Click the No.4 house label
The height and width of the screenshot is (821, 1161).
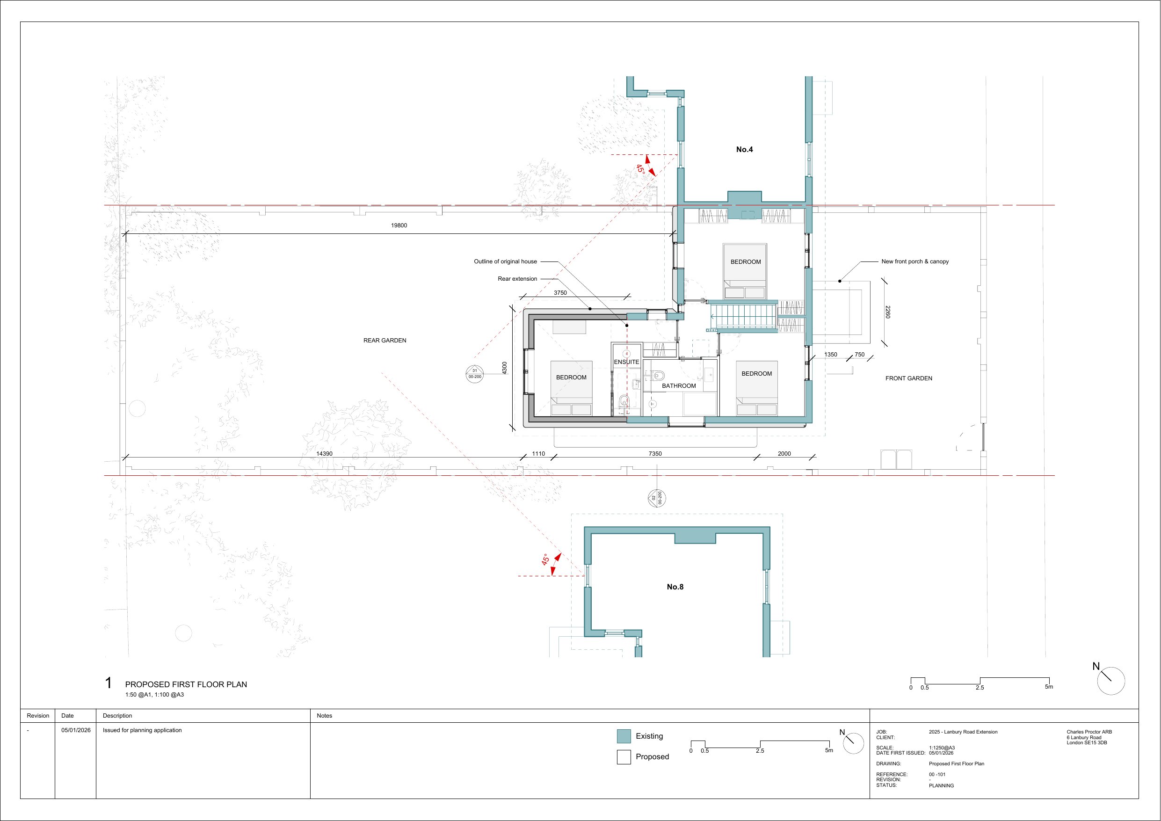click(744, 149)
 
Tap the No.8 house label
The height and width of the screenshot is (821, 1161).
click(675, 587)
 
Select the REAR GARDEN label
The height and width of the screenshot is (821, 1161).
click(385, 341)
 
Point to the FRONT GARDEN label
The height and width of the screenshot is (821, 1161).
click(909, 378)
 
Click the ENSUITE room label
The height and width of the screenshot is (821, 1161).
click(626, 362)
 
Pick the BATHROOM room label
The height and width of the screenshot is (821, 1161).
click(679, 386)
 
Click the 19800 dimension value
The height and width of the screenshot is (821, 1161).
click(399, 225)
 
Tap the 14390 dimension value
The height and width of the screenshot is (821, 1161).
click(325, 454)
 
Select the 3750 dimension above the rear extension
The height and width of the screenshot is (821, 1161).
click(560, 293)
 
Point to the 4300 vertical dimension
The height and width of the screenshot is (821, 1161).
click(504, 368)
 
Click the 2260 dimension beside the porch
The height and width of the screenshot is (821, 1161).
click(888, 312)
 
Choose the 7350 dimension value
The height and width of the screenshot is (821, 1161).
click(655, 454)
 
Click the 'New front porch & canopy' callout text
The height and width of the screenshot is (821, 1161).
click(915, 262)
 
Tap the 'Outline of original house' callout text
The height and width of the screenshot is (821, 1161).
click(505, 262)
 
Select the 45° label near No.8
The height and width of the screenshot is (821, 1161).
click(545, 559)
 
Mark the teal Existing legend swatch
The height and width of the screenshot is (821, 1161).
click(624, 736)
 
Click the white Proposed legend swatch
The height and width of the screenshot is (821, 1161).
click(624, 757)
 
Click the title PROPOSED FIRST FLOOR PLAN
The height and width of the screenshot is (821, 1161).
click(186, 684)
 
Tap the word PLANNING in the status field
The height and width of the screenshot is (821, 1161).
click(942, 785)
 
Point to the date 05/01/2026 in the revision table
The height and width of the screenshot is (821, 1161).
click(76, 730)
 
